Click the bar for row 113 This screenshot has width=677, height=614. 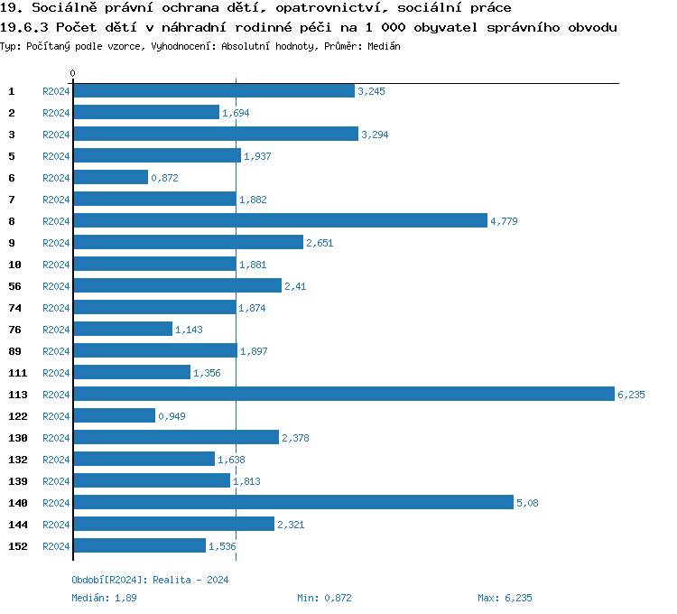(343, 395)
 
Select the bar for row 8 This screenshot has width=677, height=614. (279, 221)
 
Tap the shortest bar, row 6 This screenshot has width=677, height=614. (110, 178)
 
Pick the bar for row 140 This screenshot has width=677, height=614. (292, 503)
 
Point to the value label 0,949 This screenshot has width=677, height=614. (172, 416)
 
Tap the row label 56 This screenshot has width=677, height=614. (14, 286)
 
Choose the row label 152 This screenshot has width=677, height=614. (17, 546)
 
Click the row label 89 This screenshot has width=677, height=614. (14, 351)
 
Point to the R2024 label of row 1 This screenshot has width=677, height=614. (56, 91)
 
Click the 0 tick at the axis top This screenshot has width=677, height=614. (73, 73)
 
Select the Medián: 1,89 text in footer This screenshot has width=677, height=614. (105, 598)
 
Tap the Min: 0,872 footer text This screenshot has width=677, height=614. (324, 598)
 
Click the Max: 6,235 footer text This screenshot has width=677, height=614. (505, 598)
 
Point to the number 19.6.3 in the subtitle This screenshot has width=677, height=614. (24, 27)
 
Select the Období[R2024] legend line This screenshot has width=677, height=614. (150, 580)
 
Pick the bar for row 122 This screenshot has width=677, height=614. (114, 416)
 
